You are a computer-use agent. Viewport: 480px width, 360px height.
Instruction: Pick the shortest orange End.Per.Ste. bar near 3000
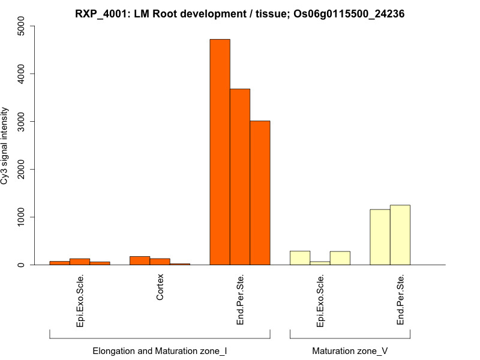260,193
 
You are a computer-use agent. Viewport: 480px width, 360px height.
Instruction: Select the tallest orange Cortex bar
140,260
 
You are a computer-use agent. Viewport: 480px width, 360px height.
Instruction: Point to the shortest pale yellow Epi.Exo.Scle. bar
320,263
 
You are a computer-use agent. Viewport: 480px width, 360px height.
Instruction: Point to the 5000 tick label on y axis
22,26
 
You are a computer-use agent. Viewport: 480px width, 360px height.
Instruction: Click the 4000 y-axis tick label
22,74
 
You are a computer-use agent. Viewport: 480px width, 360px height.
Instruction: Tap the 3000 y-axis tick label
22,121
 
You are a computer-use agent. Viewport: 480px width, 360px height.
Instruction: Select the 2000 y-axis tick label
22,169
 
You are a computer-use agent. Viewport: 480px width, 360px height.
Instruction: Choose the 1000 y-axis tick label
22,217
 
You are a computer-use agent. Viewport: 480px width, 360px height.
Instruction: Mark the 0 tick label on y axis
22,265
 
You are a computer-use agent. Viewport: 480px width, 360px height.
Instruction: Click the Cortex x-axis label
160,288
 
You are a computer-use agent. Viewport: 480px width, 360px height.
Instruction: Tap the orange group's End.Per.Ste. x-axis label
240,300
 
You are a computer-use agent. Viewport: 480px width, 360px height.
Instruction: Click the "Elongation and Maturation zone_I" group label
160,350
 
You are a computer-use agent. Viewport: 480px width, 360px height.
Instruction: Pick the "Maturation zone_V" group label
350,350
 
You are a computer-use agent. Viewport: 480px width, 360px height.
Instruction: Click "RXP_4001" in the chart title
100,13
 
